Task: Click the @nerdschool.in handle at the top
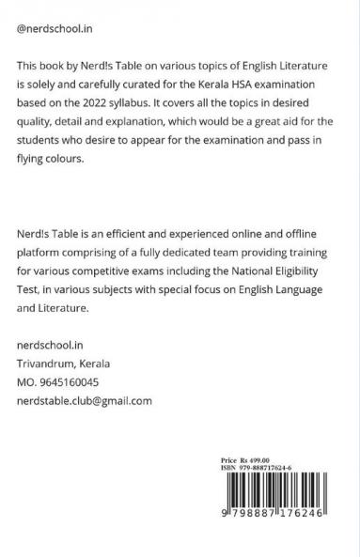click(x=62, y=30)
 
